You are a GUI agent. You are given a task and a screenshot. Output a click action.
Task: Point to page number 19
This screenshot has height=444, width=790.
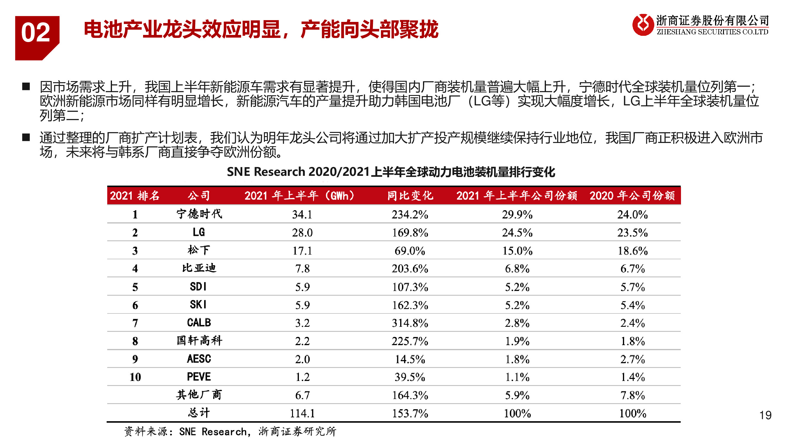coord(765,415)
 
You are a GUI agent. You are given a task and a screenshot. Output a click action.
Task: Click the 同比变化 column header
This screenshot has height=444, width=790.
coord(410,195)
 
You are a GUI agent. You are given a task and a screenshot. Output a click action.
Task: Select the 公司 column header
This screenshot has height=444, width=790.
coord(199,195)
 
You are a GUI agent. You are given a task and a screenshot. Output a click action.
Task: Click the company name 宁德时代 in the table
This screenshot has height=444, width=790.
coord(199,214)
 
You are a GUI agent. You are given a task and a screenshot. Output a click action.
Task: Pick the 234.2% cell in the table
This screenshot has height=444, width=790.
coord(410,215)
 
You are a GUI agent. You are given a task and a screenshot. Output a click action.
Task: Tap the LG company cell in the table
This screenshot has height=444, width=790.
coord(199,232)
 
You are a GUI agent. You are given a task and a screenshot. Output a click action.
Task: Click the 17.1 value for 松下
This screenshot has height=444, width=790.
coord(302,251)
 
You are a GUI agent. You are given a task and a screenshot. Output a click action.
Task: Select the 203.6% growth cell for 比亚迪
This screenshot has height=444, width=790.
coord(410,269)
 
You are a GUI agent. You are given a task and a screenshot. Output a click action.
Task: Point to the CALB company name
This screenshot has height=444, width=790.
coord(199,323)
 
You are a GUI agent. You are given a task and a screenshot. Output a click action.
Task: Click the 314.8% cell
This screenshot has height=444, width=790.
coord(410,323)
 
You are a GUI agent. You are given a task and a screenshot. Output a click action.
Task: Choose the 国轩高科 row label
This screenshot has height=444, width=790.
coord(199,341)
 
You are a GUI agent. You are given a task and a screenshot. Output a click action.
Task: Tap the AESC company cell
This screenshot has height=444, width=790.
coord(199,359)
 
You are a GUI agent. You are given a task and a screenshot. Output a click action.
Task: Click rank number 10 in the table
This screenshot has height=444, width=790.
coord(135,377)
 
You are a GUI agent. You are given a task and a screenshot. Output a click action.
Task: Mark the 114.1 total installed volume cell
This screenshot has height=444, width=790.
coord(302,413)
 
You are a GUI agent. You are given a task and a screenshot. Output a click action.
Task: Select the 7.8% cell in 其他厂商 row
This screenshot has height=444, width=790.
coord(632,395)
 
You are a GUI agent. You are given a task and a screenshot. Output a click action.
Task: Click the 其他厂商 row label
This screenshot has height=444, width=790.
coord(199,395)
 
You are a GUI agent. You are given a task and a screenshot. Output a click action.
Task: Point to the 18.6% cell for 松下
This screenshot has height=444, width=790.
coord(632,251)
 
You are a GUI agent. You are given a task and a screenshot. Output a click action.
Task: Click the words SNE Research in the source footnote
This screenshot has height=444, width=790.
coord(213,432)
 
